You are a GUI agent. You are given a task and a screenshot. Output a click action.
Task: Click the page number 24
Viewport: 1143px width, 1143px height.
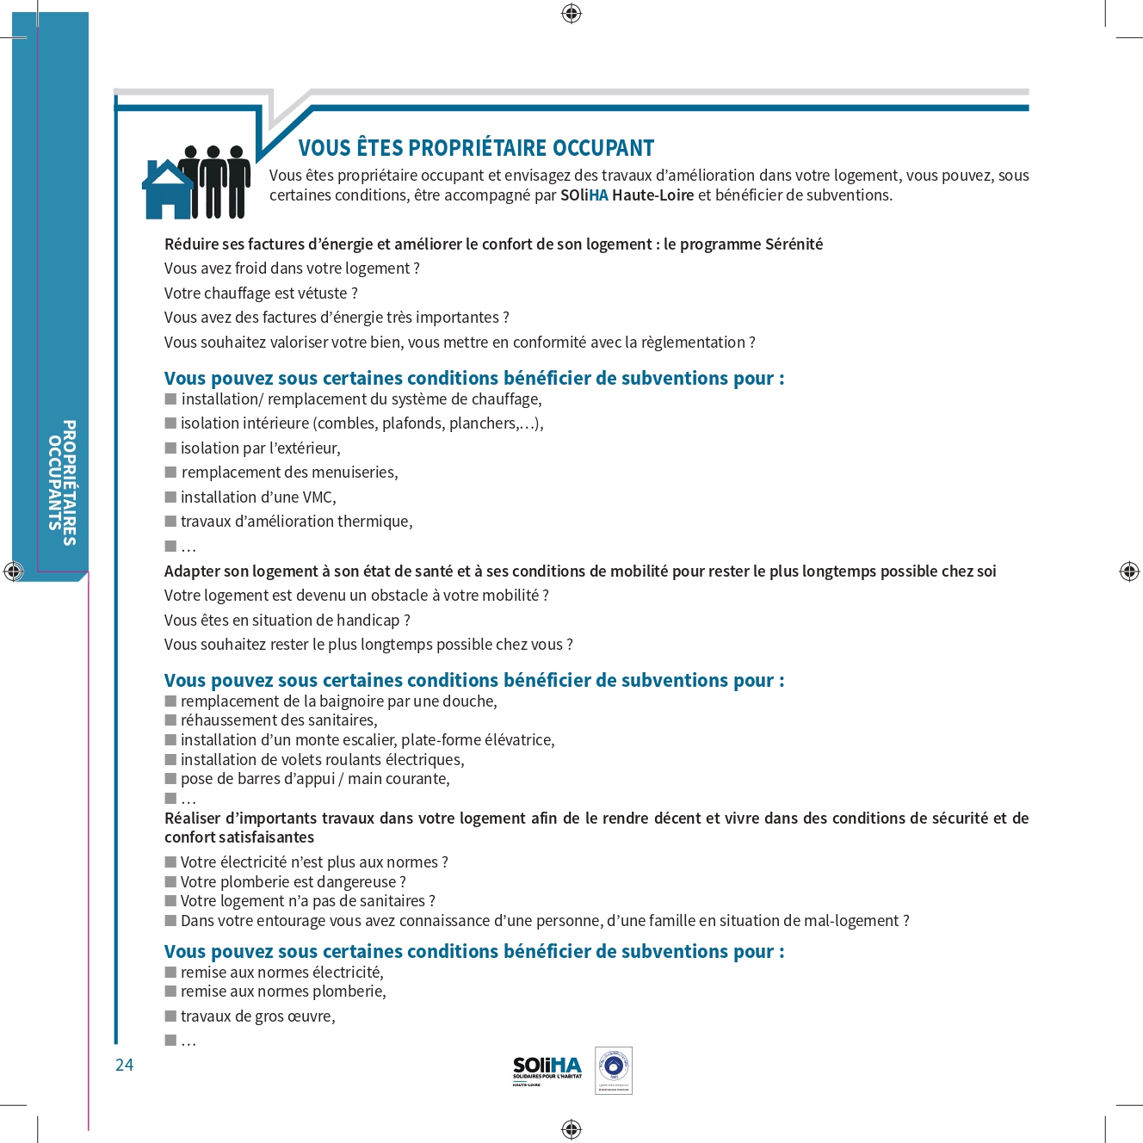click(x=125, y=1065)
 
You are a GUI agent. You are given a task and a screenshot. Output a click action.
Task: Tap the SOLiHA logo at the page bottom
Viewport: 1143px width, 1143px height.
click(x=547, y=1070)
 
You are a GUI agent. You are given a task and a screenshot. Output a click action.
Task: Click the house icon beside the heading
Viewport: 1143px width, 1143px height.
click(x=167, y=189)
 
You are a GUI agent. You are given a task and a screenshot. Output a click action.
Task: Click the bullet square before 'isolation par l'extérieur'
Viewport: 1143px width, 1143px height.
click(x=170, y=448)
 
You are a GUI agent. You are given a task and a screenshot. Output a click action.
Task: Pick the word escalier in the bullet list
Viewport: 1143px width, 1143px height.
click(x=366, y=739)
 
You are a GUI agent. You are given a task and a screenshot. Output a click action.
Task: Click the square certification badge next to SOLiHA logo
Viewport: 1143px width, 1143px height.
click(x=614, y=1070)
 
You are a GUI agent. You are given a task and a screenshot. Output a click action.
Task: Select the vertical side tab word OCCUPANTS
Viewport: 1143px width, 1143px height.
click(x=55, y=483)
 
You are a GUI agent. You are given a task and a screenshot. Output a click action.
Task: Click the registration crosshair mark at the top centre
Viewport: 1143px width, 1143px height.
click(x=571, y=13)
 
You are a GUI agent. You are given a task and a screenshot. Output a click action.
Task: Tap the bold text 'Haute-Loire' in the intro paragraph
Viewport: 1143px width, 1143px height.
click(x=652, y=195)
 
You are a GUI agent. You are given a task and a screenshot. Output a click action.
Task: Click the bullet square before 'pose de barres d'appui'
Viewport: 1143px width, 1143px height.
click(x=170, y=779)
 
